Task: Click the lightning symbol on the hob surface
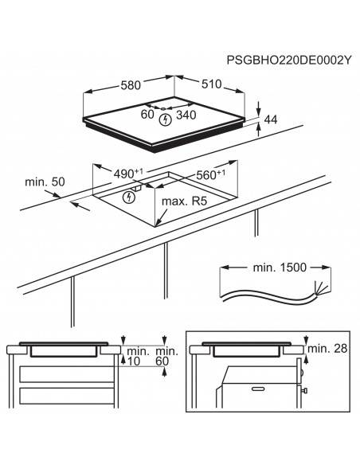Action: [166, 120]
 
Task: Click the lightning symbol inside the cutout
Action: [129, 196]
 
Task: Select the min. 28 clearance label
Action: [327, 348]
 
